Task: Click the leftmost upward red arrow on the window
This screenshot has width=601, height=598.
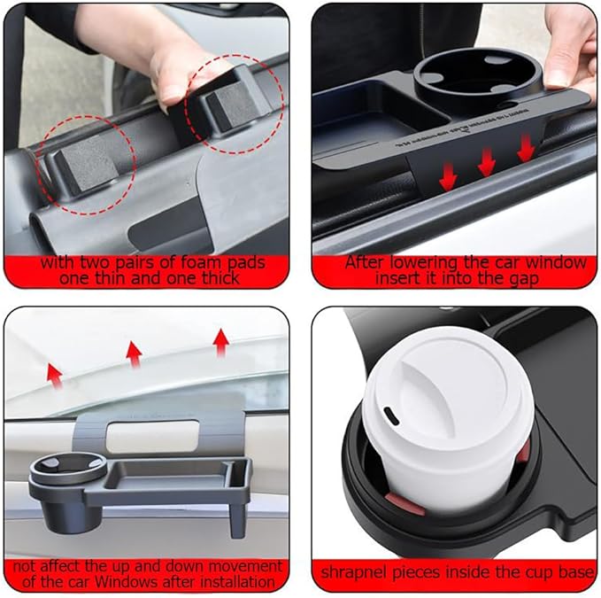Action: click(x=56, y=377)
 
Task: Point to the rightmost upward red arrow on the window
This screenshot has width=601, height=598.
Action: click(x=222, y=339)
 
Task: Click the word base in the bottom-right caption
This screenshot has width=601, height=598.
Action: click(x=575, y=572)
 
